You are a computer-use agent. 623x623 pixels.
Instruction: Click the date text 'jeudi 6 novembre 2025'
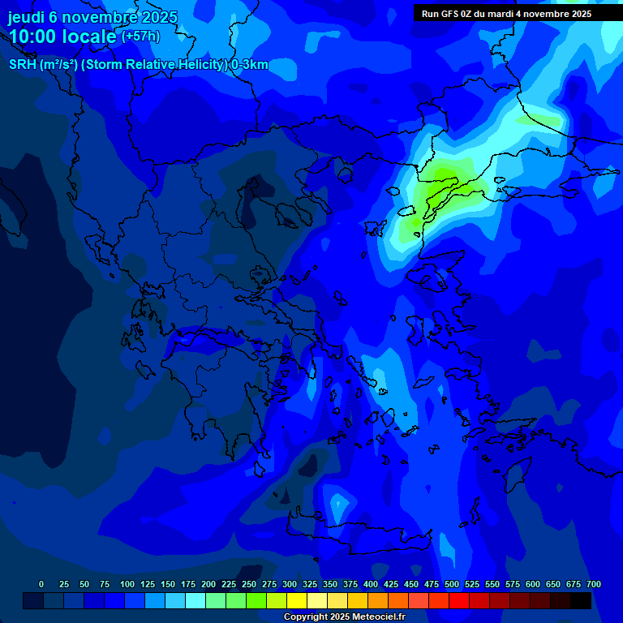[92, 17]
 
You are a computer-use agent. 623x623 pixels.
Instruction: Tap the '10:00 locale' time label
[63, 37]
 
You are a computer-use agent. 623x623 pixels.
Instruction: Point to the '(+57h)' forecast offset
[140, 37]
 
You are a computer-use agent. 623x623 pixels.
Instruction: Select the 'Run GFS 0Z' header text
[450, 14]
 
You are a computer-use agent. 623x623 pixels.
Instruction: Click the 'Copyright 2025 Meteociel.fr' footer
[344, 617]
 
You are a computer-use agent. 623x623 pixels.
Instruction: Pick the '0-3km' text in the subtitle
[250, 65]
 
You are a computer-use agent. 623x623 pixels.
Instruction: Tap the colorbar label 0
[41, 585]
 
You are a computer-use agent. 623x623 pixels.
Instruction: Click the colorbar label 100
[127, 585]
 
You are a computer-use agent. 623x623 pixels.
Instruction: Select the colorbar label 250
[249, 585]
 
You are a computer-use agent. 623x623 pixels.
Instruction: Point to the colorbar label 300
[290, 585]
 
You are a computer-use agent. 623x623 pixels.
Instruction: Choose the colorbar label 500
[452, 585]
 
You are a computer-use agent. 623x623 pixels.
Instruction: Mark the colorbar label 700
[594, 585]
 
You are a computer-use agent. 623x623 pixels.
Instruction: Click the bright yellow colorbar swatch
[297, 601]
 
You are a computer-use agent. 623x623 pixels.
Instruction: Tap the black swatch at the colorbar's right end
[581, 601]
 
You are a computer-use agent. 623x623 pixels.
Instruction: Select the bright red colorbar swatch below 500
[459, 601]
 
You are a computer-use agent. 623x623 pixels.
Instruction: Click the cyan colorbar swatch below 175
[195, 601]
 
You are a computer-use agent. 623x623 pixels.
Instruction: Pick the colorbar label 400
[371, 585]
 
